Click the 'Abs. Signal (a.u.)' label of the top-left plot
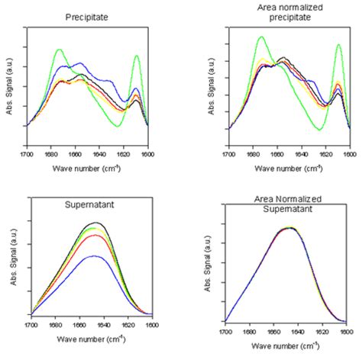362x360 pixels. [8, 85]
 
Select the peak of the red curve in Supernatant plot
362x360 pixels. [93, 235]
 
